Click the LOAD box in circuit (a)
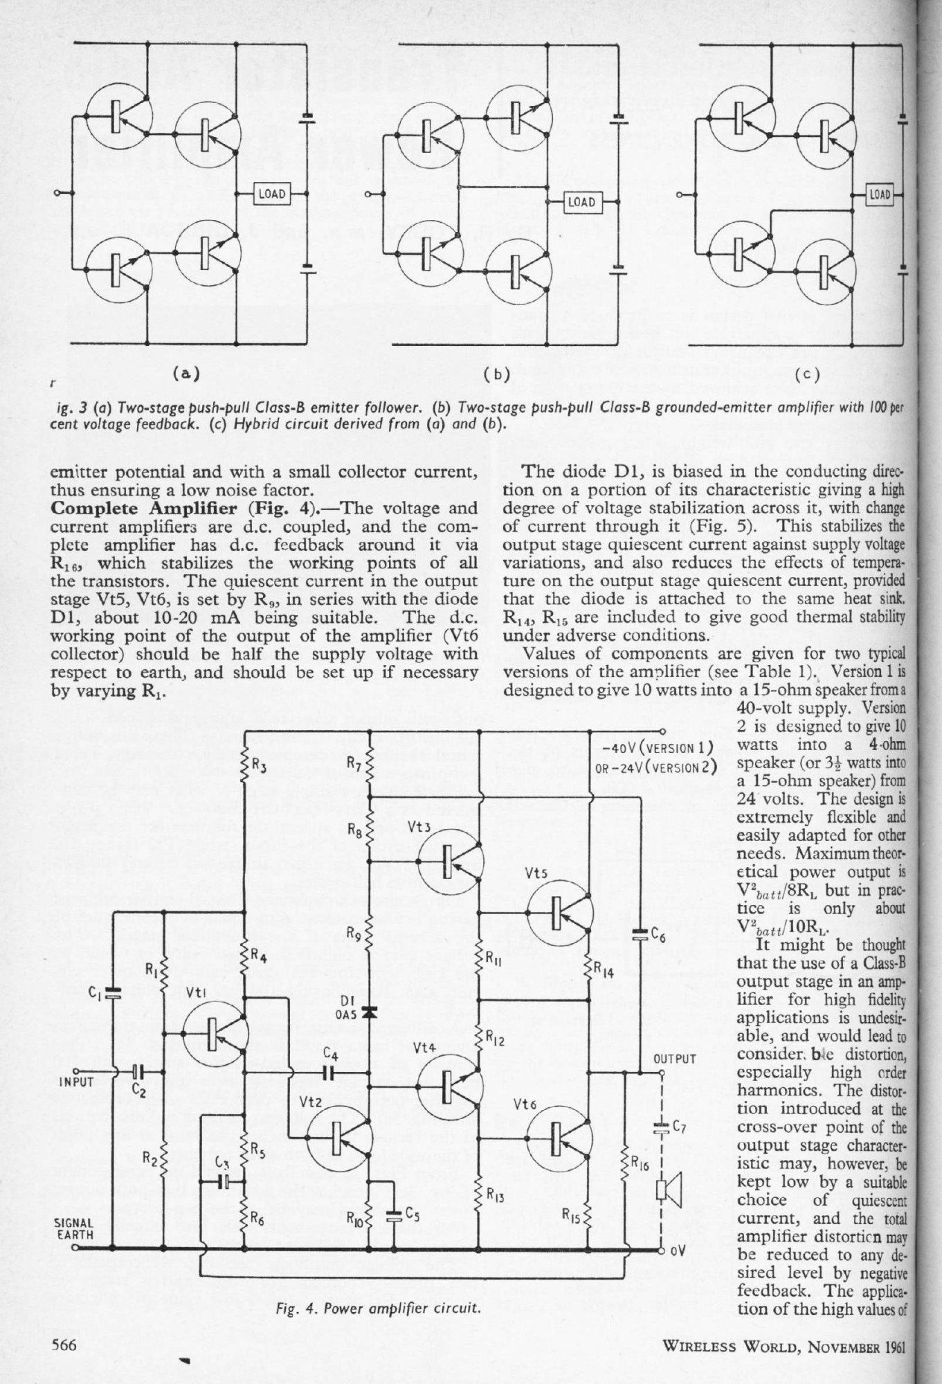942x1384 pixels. [271, 194]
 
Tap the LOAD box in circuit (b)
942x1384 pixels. [581, 202]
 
